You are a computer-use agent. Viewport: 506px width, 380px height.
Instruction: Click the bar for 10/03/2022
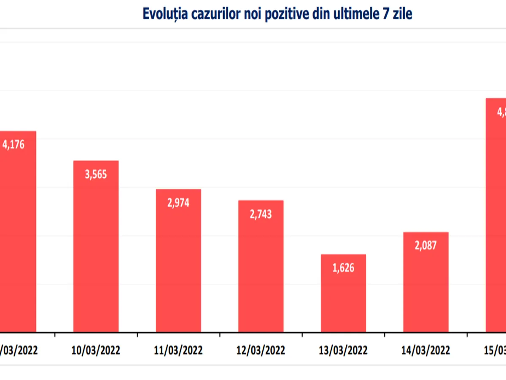tap(96, 253)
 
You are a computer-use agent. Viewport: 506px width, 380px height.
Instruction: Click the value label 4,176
tap(13, 144)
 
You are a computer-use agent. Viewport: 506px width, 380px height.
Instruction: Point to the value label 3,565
tap(96, 174)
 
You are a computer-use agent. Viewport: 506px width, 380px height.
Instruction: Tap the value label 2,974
tap(178, 203)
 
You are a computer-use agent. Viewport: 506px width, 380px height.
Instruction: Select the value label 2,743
tap(261, 214)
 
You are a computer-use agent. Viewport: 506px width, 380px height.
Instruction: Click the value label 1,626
tap(343, 268)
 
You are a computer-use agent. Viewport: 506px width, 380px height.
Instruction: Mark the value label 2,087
tap(426, 245)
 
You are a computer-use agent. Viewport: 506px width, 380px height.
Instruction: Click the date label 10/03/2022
tap(96, 350)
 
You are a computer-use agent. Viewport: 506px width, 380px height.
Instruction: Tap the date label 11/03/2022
tap(178, 350)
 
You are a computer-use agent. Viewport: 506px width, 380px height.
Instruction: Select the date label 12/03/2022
tap(261, 350)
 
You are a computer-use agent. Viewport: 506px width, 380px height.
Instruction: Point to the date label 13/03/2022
tap(343, 350)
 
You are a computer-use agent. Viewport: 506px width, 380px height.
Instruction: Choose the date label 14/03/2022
tap(426, 350)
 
